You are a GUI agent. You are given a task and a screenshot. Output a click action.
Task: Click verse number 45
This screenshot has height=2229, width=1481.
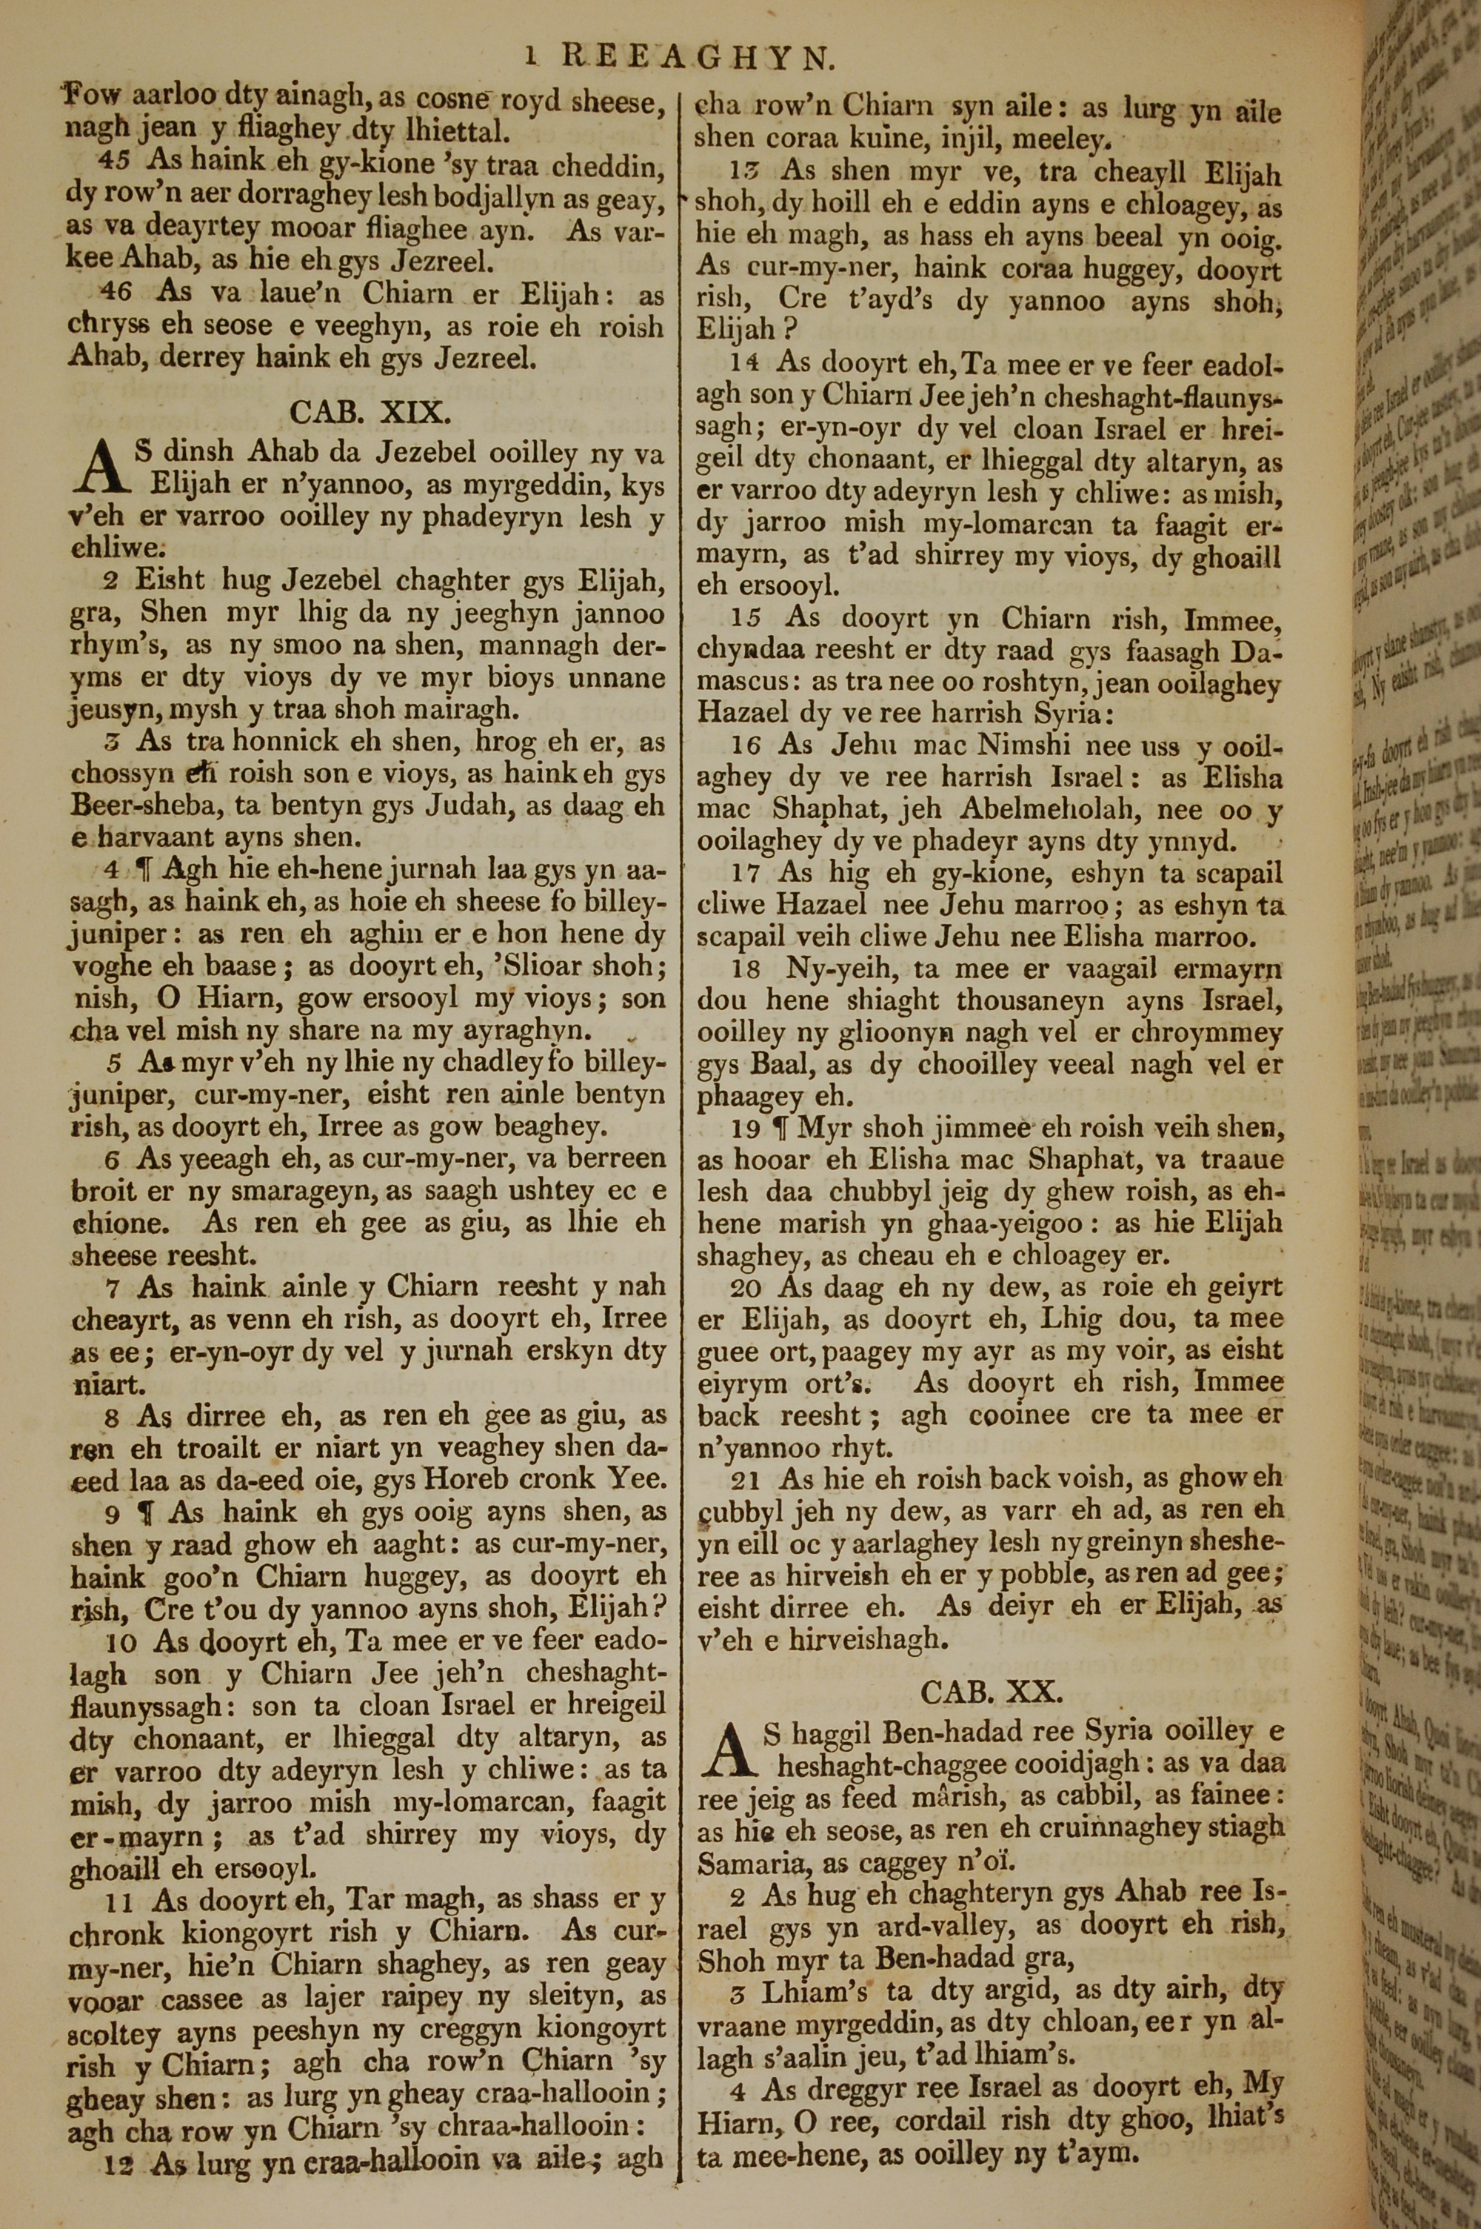pos(116,161)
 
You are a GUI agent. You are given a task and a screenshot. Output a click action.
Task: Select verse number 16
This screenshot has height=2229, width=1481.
pos(745,745)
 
